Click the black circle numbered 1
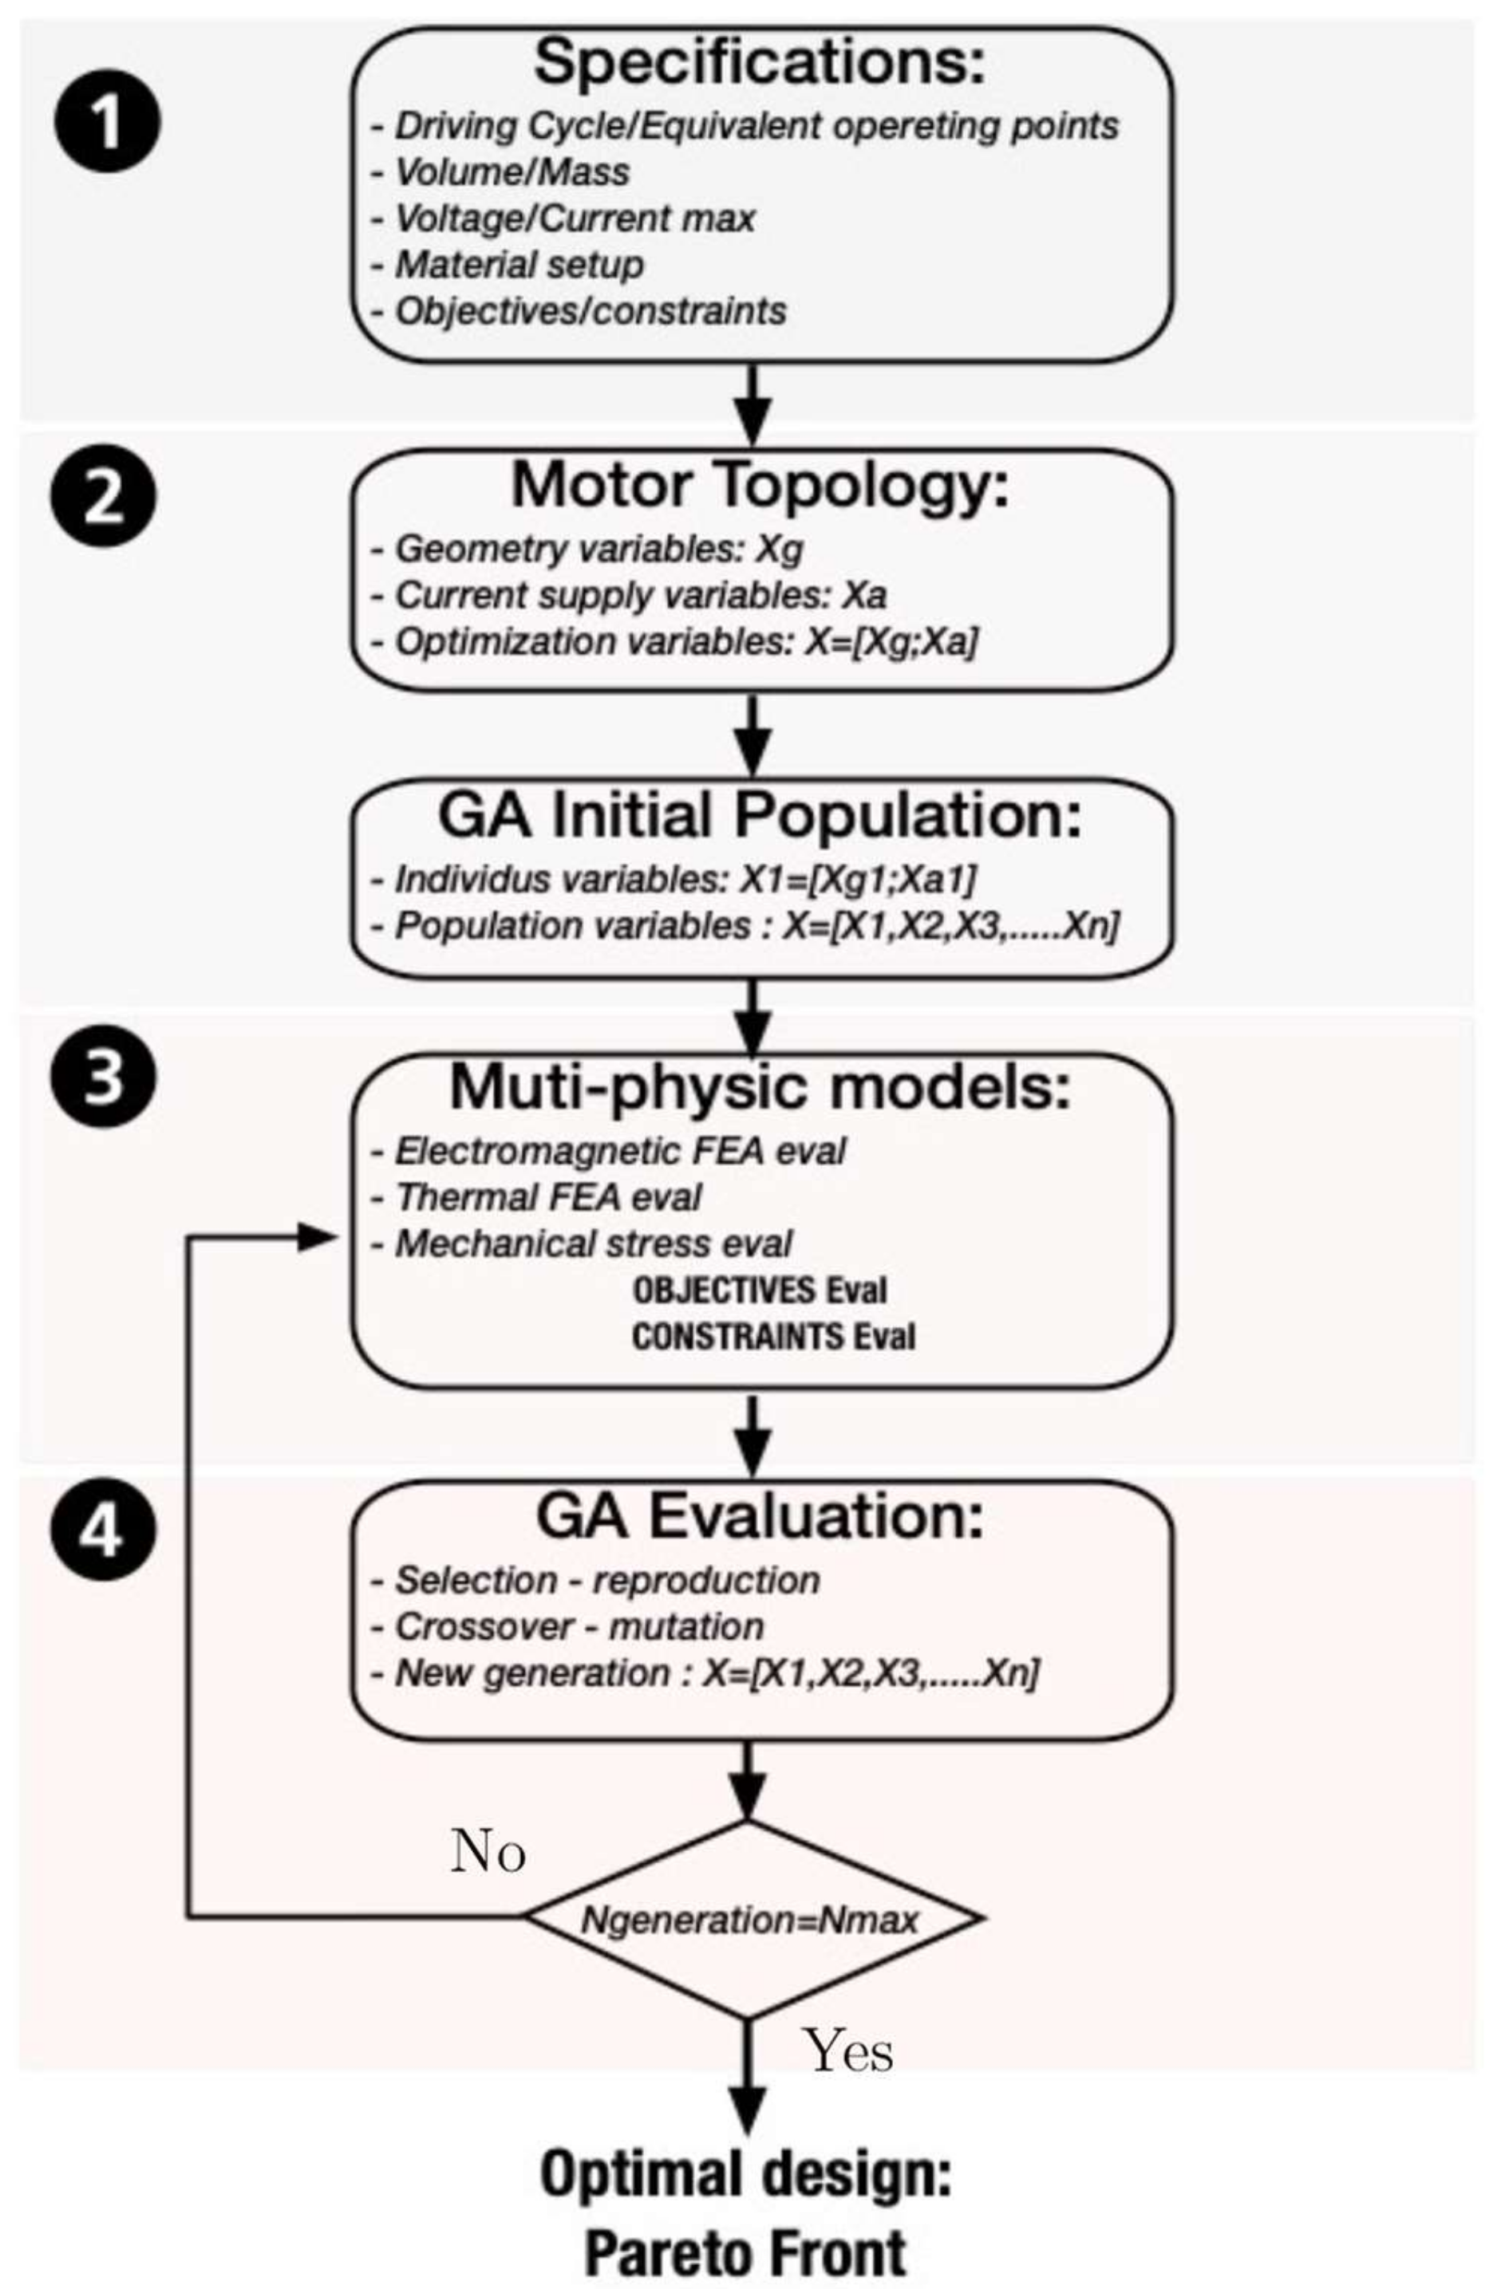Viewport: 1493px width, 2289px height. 107,122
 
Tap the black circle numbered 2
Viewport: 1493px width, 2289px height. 102,498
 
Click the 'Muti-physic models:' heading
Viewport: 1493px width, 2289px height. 760,1088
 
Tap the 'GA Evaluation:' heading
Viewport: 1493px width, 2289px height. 760,1517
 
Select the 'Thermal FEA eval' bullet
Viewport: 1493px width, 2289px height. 548,1199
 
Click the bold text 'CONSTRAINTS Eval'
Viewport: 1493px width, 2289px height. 773,1337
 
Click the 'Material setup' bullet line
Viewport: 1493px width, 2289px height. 519,266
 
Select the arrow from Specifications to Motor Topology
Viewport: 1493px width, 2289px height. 752,404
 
